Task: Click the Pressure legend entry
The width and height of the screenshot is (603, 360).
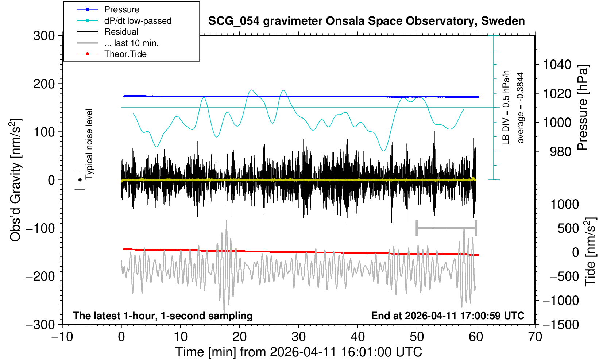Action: click(121, 9)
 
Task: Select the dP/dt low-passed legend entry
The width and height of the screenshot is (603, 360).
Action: click(138, 21)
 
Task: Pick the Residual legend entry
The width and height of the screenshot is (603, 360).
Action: click(121, 32)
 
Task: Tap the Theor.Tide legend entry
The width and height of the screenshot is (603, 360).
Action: click(125, 54)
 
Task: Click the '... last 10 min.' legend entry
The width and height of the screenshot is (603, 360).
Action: click(131, 43)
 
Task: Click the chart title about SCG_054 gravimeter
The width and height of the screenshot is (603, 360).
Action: click(366, 21)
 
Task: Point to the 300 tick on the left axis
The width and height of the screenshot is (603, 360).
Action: click(44, 36)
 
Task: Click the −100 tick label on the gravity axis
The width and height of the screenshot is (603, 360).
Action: click(40, 228)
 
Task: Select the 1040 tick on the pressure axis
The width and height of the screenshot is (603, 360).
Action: click(557, 65)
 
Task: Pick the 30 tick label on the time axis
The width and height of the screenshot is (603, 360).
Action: click(298, 336)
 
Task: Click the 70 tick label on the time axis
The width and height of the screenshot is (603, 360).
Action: click(535, 336)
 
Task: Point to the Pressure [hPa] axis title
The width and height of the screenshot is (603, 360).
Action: click(583, 108)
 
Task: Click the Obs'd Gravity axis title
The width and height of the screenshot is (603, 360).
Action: click(16, 180)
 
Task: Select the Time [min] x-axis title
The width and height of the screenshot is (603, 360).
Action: click(298, 352)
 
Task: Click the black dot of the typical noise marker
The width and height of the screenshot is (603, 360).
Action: click(80, 180)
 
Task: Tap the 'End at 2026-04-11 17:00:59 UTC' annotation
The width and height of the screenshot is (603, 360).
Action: click(448, 316)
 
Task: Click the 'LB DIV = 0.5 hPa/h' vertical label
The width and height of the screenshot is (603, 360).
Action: click(506, 108)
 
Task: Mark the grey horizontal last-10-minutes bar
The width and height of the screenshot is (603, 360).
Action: click(446, 228)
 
